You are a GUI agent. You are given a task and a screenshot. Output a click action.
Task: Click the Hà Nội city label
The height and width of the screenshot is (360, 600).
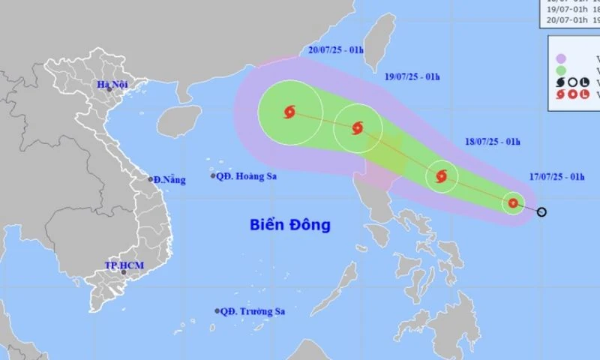(113, 83)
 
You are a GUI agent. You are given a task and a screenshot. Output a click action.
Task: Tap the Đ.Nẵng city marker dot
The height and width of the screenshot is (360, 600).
(150, 179)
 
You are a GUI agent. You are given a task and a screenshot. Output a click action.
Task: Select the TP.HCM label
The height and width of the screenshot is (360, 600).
(124, 266)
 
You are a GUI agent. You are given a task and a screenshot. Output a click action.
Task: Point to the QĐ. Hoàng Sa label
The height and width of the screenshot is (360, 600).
(243, 176)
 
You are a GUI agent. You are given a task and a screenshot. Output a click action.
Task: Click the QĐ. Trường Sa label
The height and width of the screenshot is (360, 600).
(254, 311)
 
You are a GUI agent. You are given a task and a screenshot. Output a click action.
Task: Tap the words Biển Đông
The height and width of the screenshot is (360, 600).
(290, 225)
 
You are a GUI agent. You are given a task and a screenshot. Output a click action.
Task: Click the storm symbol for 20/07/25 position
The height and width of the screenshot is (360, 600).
(289, 112)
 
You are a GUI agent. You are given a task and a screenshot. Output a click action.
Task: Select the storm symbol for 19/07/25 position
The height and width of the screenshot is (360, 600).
(357, 127)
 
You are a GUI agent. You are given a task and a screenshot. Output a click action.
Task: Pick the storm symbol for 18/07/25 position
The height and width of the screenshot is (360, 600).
(441, 177)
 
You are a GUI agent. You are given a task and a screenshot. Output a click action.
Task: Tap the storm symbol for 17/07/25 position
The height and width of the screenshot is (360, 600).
(513, 202)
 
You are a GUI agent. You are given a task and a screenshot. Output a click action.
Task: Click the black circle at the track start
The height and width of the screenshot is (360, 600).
(541, 211)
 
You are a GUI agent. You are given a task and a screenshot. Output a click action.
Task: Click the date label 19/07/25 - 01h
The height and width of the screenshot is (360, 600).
(412, 76)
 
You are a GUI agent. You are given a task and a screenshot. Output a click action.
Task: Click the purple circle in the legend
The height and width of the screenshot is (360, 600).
(559, 58)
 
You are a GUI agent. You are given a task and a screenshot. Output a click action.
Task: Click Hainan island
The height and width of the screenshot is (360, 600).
(181, 119)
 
